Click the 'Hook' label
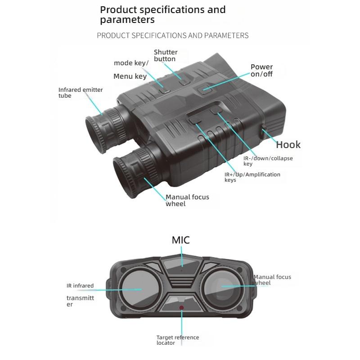tap(288, 144)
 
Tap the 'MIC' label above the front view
tap(181, 240)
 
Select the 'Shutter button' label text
tap(166, 55)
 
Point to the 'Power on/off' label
tap(261, 71)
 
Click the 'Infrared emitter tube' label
tap(81, 93)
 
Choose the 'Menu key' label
tap(130, 76)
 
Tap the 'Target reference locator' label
tap(178, 340)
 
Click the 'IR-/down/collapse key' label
tap(268, 161)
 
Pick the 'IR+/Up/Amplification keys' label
tap(252, 177)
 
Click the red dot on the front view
tap(181, 308)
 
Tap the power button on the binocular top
tap(205, 89)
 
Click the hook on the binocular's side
tap(264, 131)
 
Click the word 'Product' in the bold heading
tap(118, 10)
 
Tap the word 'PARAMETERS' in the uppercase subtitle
tap(226, 36)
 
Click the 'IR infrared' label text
tap(80, 286)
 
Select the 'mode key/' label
tap(131, 63)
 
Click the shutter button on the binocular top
tap(184, 82)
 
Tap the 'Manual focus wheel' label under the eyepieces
tap(187, 200)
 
